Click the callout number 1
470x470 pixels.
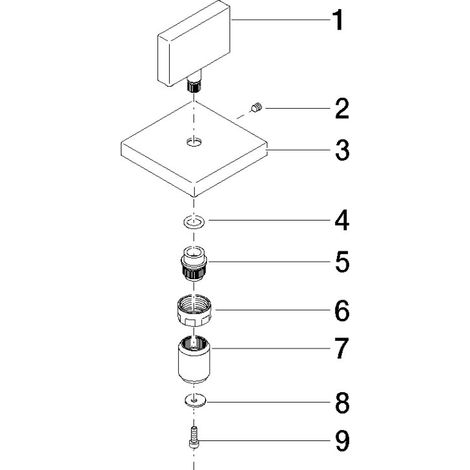point(339,20)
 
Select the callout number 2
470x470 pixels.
point(342,109)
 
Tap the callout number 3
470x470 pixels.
point(342,150)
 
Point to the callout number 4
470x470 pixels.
point(342,220)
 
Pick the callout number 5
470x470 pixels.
point(342,262)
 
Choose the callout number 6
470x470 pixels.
point(342,310)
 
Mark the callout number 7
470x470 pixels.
point(342,349)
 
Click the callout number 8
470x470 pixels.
point(342,403)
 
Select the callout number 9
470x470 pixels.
point(342,441)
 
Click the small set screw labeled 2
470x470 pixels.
point(257,108)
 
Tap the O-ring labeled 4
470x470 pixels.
point(194,222)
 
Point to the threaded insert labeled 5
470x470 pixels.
point(194,263)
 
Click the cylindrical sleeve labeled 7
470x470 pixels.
point(194,360)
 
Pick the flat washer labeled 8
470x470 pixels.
point(195,400)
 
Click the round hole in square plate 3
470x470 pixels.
point(194,142)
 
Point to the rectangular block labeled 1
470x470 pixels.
point(194,44)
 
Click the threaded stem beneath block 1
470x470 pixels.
point(194,83)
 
